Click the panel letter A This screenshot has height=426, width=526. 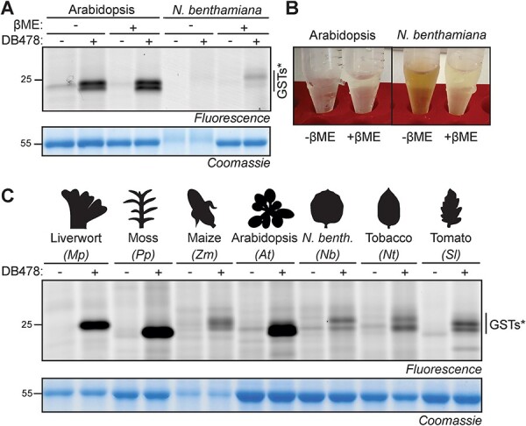(x=7, y=8)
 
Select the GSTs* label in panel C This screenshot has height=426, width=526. (x=506, y=323)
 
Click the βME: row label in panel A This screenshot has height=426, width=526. (x=25, y=26)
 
